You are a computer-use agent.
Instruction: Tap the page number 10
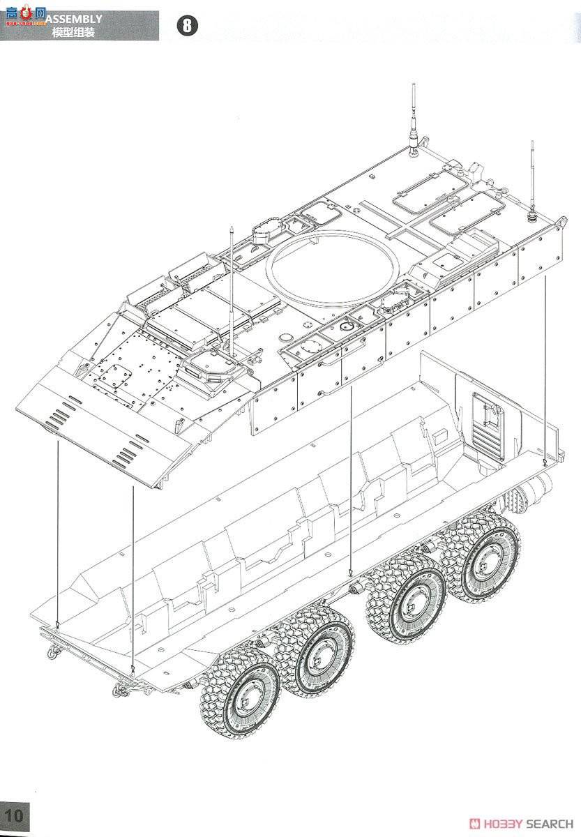(x=15, y=814)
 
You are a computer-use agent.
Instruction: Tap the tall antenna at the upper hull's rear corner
(x=414, y=119)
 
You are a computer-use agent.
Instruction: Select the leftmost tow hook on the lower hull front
(x=52, y=652)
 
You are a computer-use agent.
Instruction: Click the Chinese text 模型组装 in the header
(x=73, y=33)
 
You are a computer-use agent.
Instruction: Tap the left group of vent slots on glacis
(x=60, y=414)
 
